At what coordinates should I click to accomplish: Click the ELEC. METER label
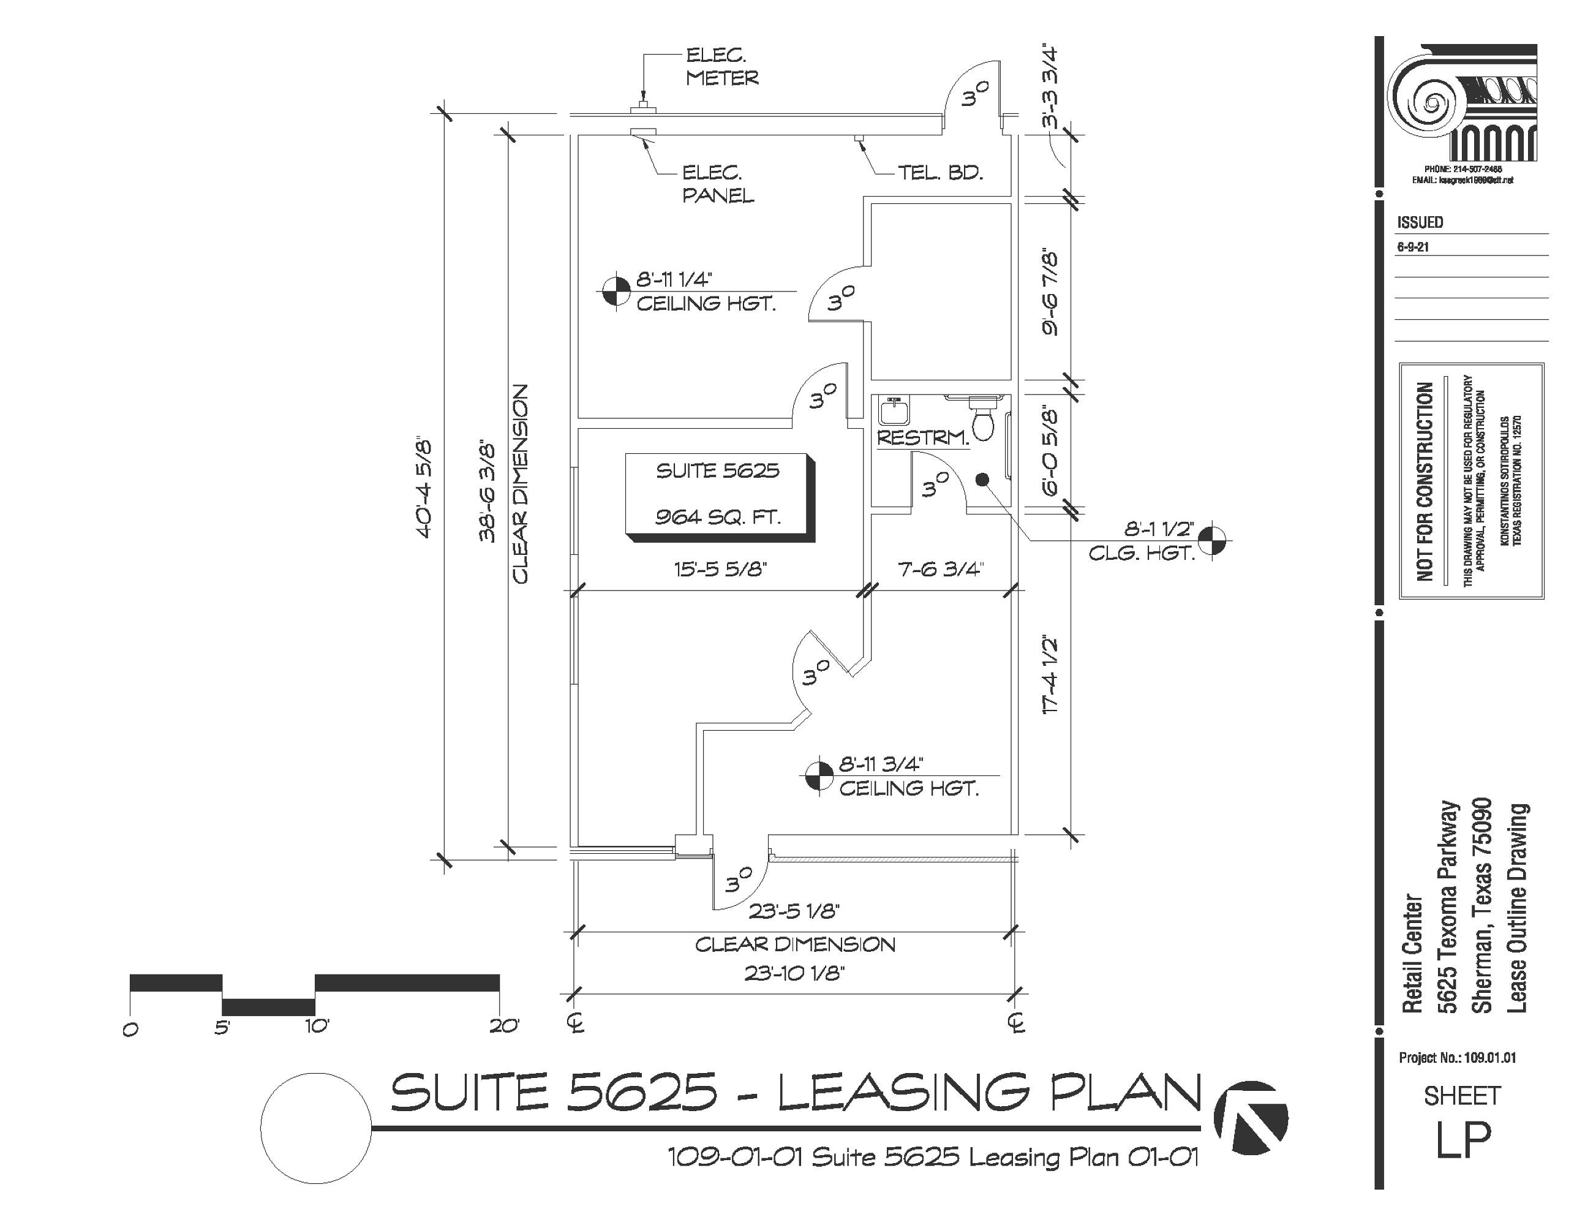(x=721, y=67)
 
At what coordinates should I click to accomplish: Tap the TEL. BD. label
(x=940, y=173)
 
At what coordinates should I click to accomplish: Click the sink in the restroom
(x=894, y=412)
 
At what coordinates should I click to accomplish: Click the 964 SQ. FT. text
(x=718, y=518)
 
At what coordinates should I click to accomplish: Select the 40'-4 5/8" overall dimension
(x=424, y=488)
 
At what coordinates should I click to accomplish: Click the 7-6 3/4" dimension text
(x=940, y=569)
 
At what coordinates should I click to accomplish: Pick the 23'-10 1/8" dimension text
(x=795, y=973)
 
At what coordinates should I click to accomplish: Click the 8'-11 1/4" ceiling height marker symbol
(x=616, y=292)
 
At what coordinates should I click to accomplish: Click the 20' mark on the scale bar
(x=503, y=1027)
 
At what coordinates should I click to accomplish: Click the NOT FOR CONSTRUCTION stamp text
(x=1425, y=482)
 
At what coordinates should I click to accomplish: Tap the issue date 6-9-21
(x=1413, y=247)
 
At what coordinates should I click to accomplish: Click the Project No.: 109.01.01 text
(x=1457, y=1058)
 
